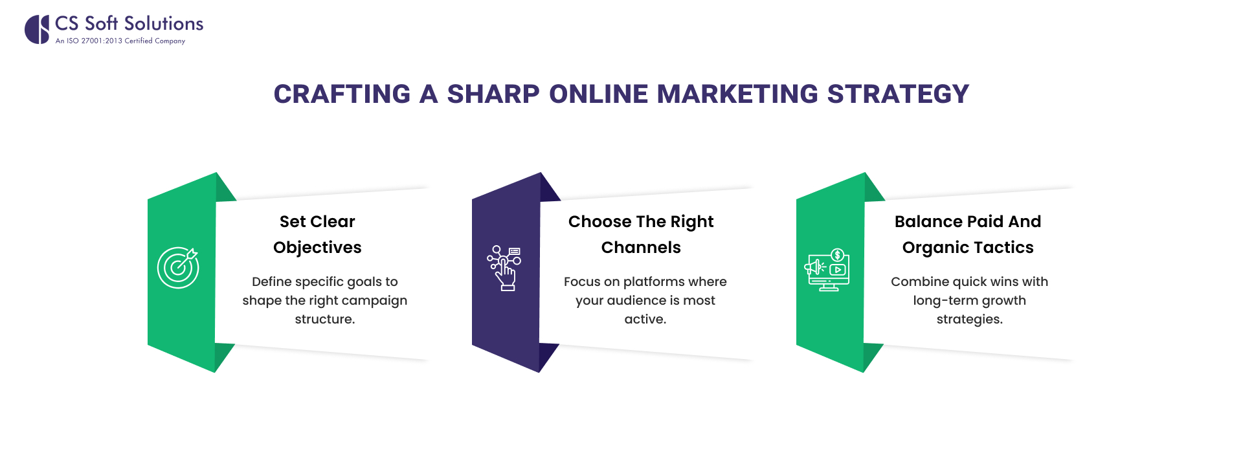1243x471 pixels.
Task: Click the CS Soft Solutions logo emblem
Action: (37, 29)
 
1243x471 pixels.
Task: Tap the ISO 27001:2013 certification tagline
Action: (120, 41)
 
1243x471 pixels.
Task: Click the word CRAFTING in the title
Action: (342, 94)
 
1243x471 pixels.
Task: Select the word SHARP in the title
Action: (493, 94)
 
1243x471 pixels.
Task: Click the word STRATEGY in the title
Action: (898, 94)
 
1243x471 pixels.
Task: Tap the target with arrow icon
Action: (178, 267)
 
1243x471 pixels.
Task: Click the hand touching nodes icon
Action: (504, 268)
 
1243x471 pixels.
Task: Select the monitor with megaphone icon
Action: (827, 270)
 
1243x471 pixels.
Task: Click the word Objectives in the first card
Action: (317, 248)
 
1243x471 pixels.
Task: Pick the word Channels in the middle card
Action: (641, 248)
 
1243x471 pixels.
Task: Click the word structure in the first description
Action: (324, 319)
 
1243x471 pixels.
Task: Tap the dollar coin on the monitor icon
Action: (837, 255)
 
